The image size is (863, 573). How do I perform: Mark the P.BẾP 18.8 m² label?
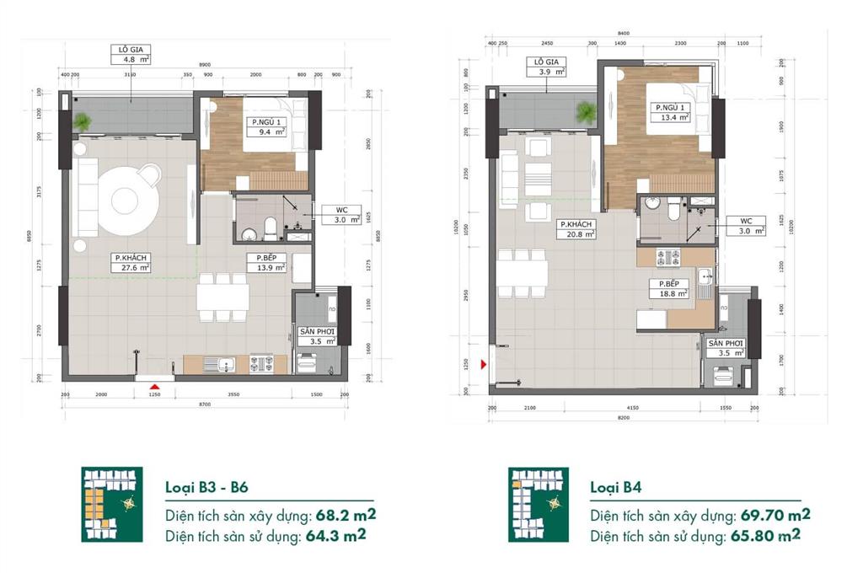[x=670, y=289]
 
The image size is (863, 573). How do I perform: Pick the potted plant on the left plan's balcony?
[x=83, y=122]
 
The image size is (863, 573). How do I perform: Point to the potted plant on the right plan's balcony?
[x=584, y=110]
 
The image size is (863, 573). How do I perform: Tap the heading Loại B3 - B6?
[x=206, y=487]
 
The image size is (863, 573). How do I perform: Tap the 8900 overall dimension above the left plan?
[x=204, y=64]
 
